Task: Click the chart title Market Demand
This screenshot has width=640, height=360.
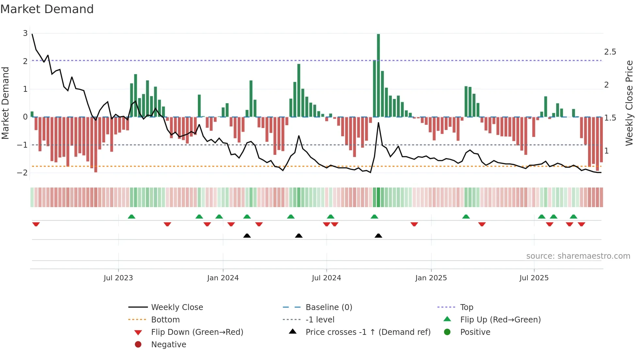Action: point(47,9)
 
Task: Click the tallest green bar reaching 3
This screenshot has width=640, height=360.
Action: point(378,75)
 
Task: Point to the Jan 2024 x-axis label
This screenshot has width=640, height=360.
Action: point(223,278)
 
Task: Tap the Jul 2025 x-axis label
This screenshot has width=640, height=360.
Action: point(534,278)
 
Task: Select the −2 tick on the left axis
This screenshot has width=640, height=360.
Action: point(23,173)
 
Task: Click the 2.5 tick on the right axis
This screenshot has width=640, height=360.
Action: point(610,52)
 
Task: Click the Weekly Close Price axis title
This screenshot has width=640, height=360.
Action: point(629,103)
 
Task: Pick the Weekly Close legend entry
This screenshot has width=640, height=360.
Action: point(177,307)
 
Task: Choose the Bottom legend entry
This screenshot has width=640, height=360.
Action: point(165,320)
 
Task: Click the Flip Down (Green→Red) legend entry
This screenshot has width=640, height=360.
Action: point(197,332)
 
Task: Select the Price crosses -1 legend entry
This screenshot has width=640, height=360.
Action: point(368,332)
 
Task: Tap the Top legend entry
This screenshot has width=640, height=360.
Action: point(466,307)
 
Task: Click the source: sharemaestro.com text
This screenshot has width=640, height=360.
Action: point(578,256)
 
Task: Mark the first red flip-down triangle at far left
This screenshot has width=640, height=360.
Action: point(36,224)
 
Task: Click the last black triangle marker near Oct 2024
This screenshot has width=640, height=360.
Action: point(378,236)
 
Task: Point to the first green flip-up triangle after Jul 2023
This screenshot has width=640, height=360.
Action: point(132,217)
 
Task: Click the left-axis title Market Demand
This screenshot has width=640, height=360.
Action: point(6,103)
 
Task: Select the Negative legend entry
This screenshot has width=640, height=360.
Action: point(168,345)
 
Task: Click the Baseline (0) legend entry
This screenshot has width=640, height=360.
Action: point(328,307)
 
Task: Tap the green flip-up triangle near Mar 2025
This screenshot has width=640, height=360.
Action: point(466,217)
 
